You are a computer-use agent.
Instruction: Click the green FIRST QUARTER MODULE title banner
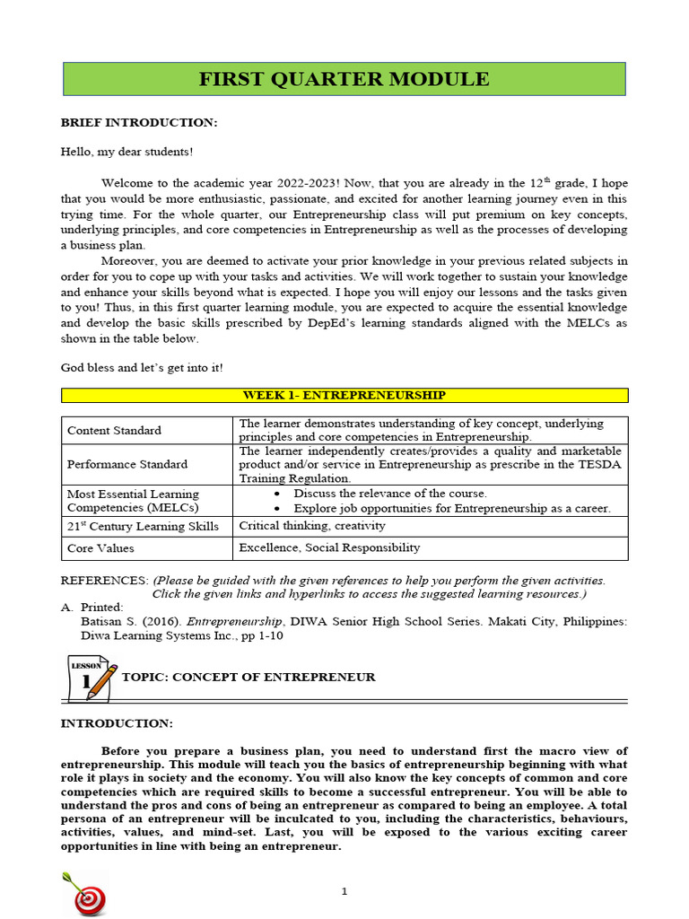pyautogui.click(x=344, y=79)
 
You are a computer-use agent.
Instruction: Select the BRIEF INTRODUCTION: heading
pyautogui.click(x=138, y=122)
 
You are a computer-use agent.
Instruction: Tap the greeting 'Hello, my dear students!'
pyautogui.click(x=126, y=152)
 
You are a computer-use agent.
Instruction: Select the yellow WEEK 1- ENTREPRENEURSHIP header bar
pyautogui.click(x=344, y=395)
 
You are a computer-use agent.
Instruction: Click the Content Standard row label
pyautogui.click(x=114, y=430)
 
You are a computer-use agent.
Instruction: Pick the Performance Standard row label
pyautogui.click(x=126, y=464)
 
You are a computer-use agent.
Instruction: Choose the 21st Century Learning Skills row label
pyautogui.click(x=143, y=526)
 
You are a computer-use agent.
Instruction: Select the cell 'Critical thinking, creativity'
pyautogui.click(x=312, y=526)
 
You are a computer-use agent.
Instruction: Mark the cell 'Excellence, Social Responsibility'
pyautogui.click(x=329, y=547)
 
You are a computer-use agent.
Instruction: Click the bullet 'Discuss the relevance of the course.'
pyautogui.click(x=390, y=494)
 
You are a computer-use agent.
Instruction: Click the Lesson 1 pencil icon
pyautogui.click(x=93, y=678)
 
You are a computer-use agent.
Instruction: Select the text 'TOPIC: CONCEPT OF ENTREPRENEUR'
pyautogui.click(x=248, y=677)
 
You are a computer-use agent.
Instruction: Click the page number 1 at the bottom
pyautogui.click(x=344, y=890)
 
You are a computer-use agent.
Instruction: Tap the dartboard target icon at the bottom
pyautogui.click(x=85, y=892)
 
